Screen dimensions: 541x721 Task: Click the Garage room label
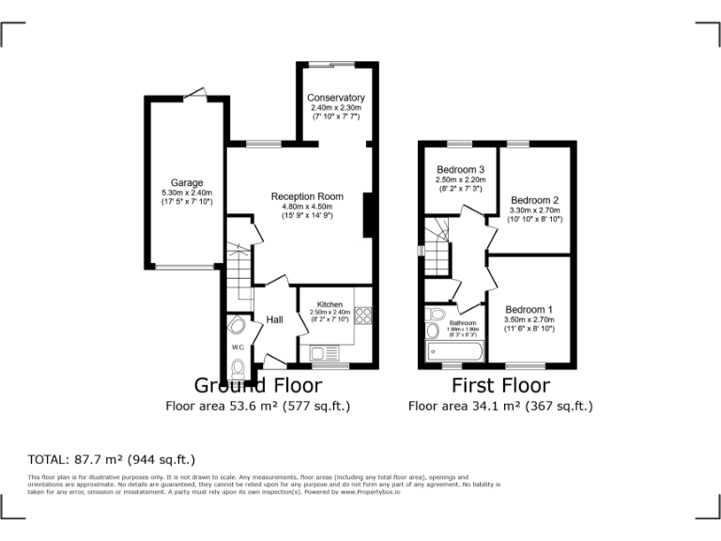click(x=186, y=182)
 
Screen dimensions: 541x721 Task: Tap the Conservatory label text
click(x=336, y=98)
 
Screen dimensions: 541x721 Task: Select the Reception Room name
click(x=307, y=196)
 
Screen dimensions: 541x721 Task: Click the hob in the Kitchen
click(x=362, y=317)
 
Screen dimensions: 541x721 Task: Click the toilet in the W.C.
click(x=238, y=366)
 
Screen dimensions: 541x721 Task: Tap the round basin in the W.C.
click(x=237, y=325)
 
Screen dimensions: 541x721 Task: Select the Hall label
click(x=274, y=320)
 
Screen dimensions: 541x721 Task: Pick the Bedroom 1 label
click(x=529, y=310)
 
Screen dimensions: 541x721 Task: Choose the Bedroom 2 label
click(x=534, y=200)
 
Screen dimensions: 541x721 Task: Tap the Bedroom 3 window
click(x=459, y=143)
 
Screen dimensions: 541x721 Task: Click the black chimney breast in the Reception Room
click(x=369, y=215)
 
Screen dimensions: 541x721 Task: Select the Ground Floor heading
click(x=257, y=385)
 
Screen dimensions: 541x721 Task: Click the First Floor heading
click(x=500, y=385)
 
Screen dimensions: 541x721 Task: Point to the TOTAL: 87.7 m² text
click(x=111, y=459)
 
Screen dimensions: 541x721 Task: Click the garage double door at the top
click(x=196, y=93)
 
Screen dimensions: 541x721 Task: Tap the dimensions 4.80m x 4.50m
click(x=307, y=207)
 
